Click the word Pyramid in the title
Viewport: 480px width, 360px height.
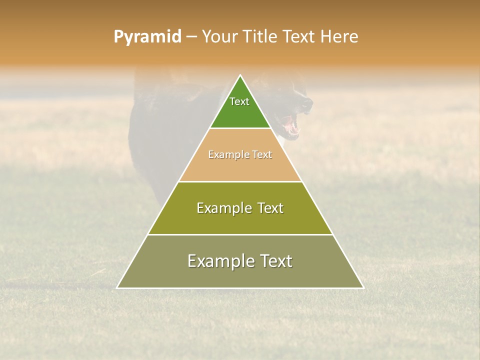(147, 37)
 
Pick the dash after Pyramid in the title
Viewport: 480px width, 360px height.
(191, 37)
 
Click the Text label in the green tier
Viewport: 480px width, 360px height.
(239, 101)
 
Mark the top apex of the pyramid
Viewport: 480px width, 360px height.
(240, 75)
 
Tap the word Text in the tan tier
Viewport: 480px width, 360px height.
(262, 154)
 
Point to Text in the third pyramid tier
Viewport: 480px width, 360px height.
(270, 208)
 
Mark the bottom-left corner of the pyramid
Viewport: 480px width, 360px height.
(117, 287)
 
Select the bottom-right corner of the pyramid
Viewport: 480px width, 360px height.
(363, 287)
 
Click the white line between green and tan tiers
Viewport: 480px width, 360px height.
(240, 128)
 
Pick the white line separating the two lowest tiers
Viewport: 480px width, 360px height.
(240, 234)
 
